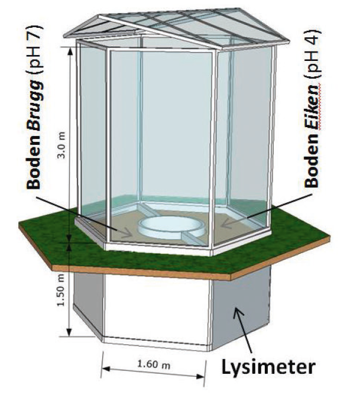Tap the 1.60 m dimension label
pyautogui.click(x=155, y=365)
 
